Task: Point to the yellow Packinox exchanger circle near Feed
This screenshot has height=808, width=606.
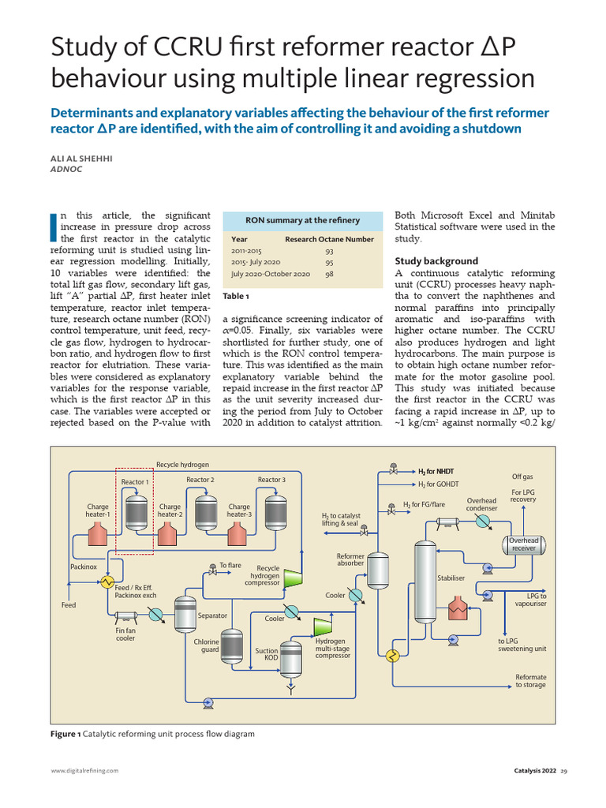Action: point(105,582)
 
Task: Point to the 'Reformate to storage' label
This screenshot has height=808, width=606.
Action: point(530,681)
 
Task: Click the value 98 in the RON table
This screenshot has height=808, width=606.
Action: point(329,274)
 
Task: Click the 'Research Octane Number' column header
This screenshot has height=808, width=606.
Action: point(329,238)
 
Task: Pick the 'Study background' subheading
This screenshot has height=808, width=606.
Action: point(436,260)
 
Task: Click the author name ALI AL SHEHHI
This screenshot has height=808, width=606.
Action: point(81,158)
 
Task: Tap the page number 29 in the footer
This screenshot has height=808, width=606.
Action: point(564,770)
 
